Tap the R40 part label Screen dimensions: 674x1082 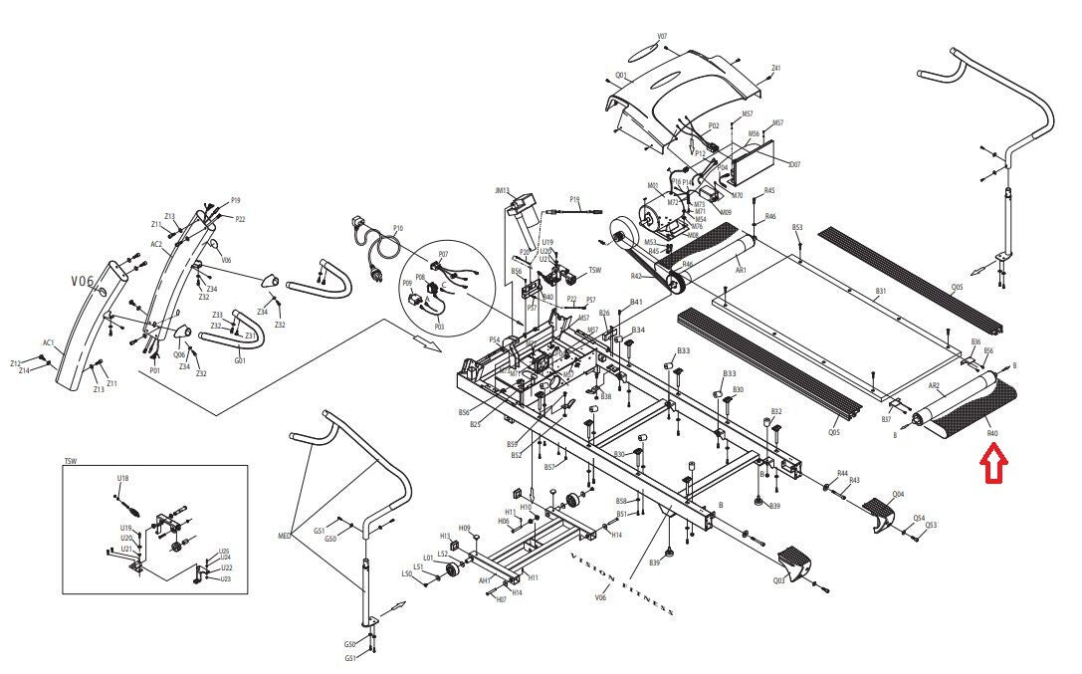(x=991, y=433)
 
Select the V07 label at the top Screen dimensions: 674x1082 (x=662, y=37)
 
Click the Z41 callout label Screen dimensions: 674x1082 (x=775, y=69)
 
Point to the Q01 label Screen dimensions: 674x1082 (x=620, y=76)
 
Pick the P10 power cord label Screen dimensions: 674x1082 (x=397, y=228)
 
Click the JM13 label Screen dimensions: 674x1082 (x=502, y=190)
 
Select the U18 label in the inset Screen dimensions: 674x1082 (x=122, y=479)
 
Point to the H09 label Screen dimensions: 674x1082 (x=464, y=528)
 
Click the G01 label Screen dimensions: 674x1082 (x=240, y=360)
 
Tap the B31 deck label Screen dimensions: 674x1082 (x=880, y=292)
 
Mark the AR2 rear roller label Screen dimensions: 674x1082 (x=935, y=384)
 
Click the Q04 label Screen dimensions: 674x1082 (x=898, y=494)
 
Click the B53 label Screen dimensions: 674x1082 (x=797, y=228)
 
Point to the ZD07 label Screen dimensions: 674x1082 (x=793, y=164)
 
